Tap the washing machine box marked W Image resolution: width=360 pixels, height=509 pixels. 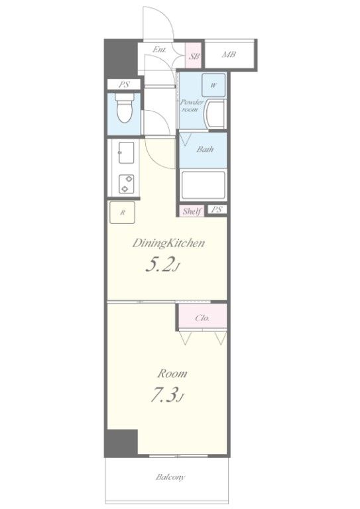[x=213, y=85]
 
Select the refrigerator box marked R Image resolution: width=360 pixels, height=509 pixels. [x=122, y=213]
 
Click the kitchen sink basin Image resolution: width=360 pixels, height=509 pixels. [x=126, y=152]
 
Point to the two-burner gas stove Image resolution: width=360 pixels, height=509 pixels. [x=126, y=184]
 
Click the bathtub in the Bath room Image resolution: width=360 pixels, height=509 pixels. [x=203, y=185]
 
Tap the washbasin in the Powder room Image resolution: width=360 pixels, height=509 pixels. [x=215, y=114]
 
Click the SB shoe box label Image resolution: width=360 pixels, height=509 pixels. [x=194, y=56]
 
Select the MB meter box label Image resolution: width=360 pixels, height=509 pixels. [x=229, y=54]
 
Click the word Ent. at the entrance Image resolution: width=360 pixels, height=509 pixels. [x=159, y=50]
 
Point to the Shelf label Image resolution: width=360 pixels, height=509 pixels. [x=191, y=211]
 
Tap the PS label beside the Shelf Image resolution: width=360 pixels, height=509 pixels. [x=217, y=209]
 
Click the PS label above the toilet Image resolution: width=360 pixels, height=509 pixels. [x=124, y=85]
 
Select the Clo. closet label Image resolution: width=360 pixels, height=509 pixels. [x=202, y=318]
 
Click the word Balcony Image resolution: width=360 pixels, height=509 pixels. [x=170, y=477]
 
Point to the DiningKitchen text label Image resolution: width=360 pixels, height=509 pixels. [x=168, y=243]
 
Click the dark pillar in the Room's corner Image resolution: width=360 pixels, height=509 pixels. [x=121, y=443]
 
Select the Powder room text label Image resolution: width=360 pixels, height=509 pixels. [x=192, y=106]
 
